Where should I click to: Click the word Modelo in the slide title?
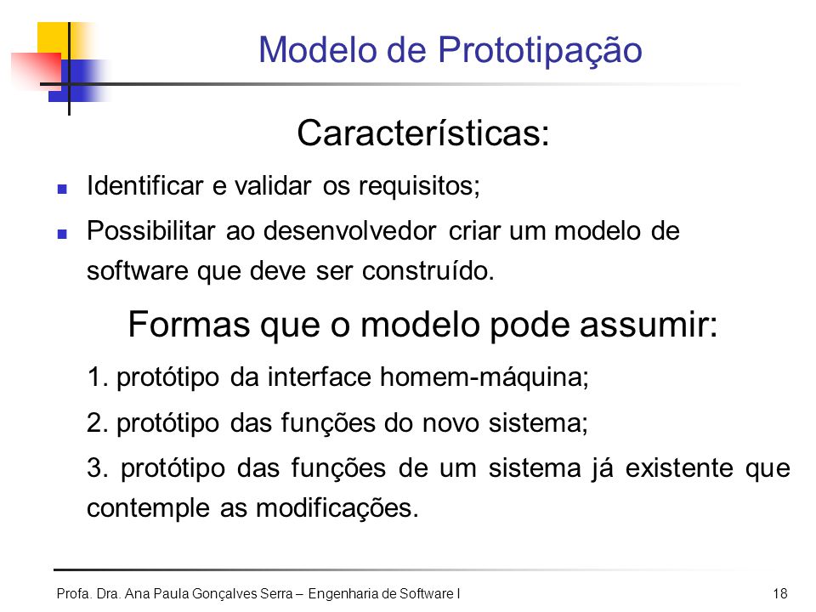[317, 50]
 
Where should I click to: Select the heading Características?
[423, 133]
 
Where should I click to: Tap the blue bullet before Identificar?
[62, 189]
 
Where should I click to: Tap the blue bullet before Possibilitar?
[62, 234]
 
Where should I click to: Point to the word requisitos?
[419, 187]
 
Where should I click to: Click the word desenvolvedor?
[349, 231]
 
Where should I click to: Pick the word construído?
[428, 271]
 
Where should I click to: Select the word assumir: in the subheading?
[649, 324]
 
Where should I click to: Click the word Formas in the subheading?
[189, 324]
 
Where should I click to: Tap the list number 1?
[97, 377]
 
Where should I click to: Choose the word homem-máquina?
[484, 377]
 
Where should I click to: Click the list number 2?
[97, 422]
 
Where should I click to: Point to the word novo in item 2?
[450, 423]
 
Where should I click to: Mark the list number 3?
[97, 467]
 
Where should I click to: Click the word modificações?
[337, 508]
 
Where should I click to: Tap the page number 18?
[780, 594]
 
